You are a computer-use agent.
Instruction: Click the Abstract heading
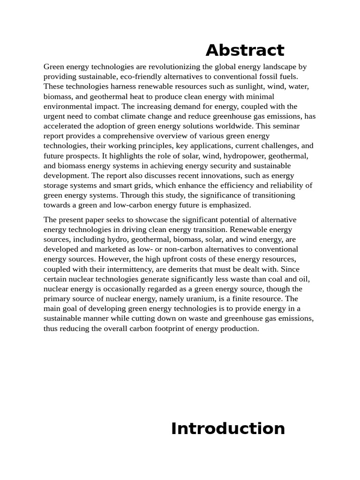point(245,50)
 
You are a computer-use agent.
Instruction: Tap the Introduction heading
point(228,428)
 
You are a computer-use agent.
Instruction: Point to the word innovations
point(234,175)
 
